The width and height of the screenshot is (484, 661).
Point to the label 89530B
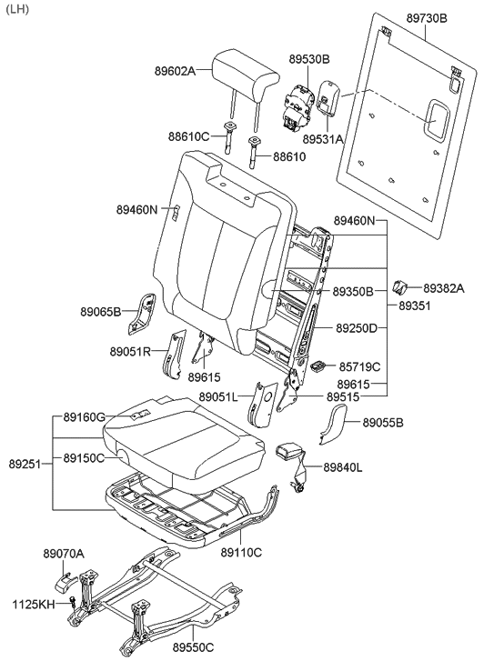click(x=309, y=59)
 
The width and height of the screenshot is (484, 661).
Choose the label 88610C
click(x=188, y=135)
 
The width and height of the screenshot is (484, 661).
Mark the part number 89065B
click(x=101, y=311)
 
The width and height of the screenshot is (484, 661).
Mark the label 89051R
click(x=131, y=351)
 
